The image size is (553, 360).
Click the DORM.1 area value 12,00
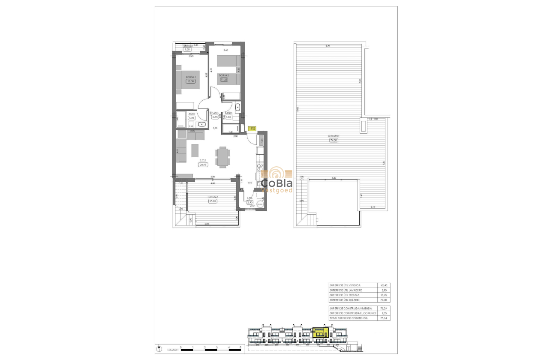coord(190,81)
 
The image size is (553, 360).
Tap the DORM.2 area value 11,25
coord(223,79)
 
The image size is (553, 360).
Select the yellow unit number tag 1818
coord(252,128)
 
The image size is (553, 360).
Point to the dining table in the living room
coord(222,157)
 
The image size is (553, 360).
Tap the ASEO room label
coord(191,114)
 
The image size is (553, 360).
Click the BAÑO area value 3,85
coord(228,117)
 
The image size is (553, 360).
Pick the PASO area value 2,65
coord(215,117)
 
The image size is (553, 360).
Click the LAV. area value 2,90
coord(250,202)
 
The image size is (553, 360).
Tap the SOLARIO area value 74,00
coord(334,140)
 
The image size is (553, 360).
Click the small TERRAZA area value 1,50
coord(186,50)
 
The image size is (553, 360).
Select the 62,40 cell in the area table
coord(383,285)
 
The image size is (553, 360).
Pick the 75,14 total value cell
coord(383,318)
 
